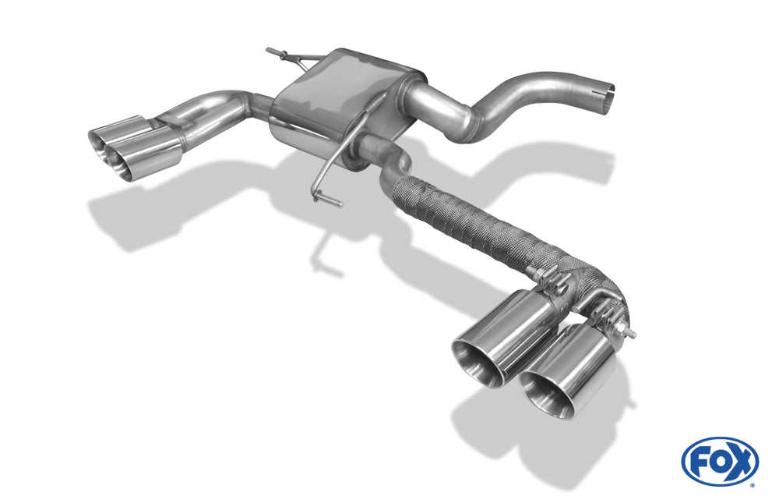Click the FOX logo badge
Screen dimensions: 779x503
point(720,461)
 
